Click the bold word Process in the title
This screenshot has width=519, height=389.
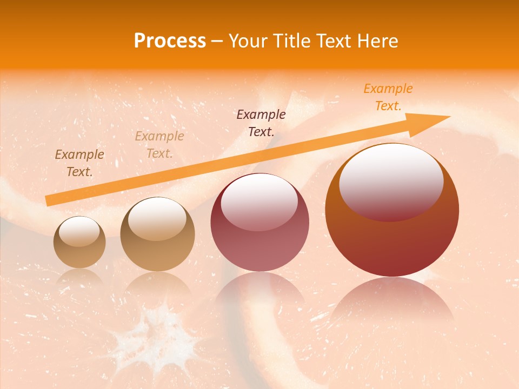coord(170,41)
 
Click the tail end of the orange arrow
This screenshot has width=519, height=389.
coord(48,201)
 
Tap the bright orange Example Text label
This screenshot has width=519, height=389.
coord(388,97)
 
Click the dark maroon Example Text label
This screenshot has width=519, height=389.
coord(261,123)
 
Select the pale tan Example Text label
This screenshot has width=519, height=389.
coord(159,145)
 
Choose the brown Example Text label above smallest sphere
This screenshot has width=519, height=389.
coord(79,163)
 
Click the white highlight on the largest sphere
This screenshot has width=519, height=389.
coord(391,181)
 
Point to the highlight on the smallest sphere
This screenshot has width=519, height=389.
coord(79,231)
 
